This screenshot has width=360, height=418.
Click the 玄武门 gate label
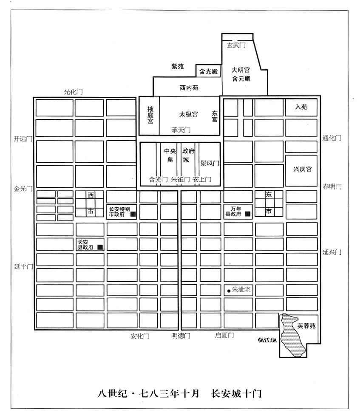click(236, 45)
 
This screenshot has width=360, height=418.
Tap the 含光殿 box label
click(209, 71)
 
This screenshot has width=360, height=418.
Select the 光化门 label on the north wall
click(74, 92)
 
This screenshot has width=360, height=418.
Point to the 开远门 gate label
click(23, 138)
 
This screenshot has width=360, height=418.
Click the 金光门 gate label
click(23, 189)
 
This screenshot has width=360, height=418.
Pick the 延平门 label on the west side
click(23, 266)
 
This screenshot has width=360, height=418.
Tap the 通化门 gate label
click(332, 138)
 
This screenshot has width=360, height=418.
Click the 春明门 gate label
click(332, 186)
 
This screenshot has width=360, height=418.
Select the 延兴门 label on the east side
click(332, 252)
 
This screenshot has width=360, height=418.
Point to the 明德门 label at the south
click(181, 336)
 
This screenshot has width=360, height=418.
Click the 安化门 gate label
click(140, 336)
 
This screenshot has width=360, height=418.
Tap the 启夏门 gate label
click(224, 335)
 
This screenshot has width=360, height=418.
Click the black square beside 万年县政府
click(248, 214)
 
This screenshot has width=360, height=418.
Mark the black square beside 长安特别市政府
click(133, 214)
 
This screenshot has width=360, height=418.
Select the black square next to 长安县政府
click(100, 247)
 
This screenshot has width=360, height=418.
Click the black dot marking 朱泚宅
click(229, 291)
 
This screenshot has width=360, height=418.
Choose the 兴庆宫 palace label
click(302, 169)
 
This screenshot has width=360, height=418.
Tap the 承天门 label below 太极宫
click(181, 130)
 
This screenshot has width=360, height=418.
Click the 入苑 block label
click(301, 107)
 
